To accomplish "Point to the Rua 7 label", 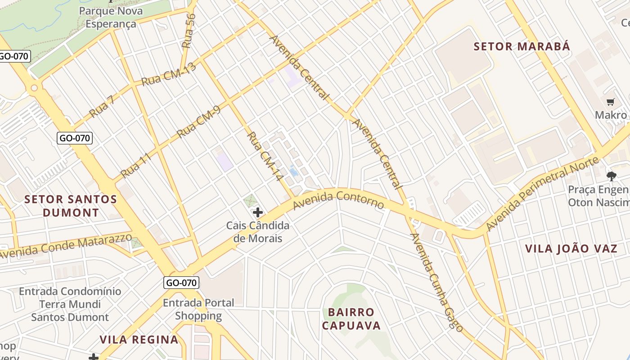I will tap(102, 107).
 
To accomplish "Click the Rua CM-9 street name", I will tap(198, 125).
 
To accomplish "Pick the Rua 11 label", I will tap(135, 165).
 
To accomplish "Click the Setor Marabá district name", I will tap(522, 46).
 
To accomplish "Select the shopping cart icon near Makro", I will tap(611, 103).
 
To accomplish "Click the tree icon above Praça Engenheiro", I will tap(611, 176).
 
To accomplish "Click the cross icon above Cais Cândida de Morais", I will tap(258, 212).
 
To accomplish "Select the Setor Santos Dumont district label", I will tap(71, 206).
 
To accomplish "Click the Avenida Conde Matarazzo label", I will tap(66, 246).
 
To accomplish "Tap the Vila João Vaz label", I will tap(571, 248).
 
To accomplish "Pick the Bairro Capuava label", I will tap(351, 319).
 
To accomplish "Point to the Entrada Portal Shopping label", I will tap(198, 309).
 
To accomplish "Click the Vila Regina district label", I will tap(139, 340).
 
